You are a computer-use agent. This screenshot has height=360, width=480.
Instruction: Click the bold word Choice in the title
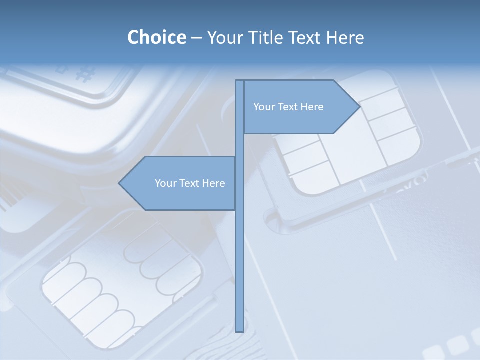[156, 37]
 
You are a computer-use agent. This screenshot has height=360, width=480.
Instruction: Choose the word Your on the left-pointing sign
[165, 183]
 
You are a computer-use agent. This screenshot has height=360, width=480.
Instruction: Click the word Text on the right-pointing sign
[288, 107]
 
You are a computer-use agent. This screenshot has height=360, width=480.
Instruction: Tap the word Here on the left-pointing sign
[213, 183]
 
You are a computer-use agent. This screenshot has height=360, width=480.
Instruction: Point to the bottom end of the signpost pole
[239, 329]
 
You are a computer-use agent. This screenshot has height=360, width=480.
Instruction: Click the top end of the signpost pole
[239, 82]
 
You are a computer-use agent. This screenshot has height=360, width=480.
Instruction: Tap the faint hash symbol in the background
[85, 75]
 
